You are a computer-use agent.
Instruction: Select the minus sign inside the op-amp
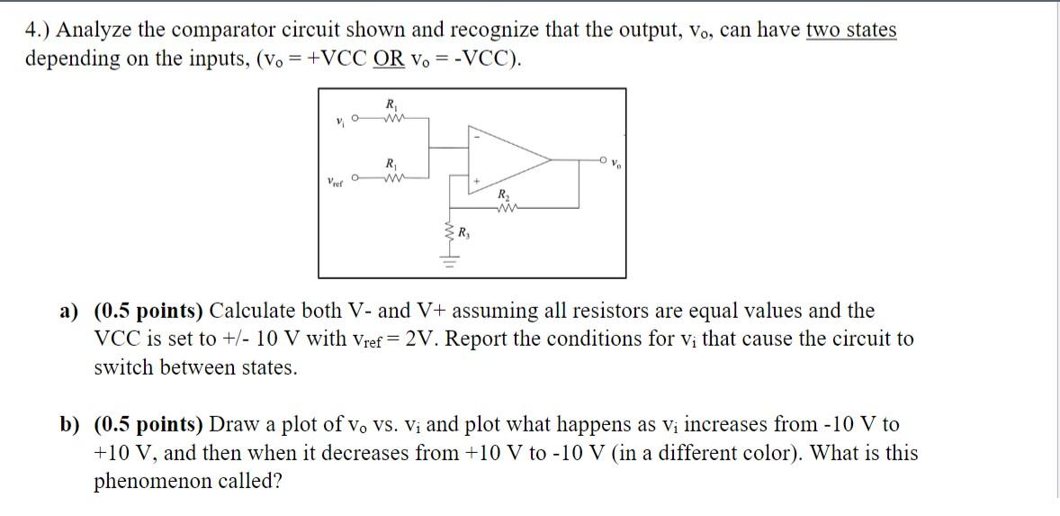[x=478, y=137]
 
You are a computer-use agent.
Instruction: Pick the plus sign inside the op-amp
[x=478, y=183]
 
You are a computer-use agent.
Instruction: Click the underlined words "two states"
[x=851, y=30]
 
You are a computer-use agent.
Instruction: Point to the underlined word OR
[x=392, y=59]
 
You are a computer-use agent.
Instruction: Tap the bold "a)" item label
[x=70, y=312]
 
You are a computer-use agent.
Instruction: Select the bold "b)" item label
[x=70, y=424]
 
